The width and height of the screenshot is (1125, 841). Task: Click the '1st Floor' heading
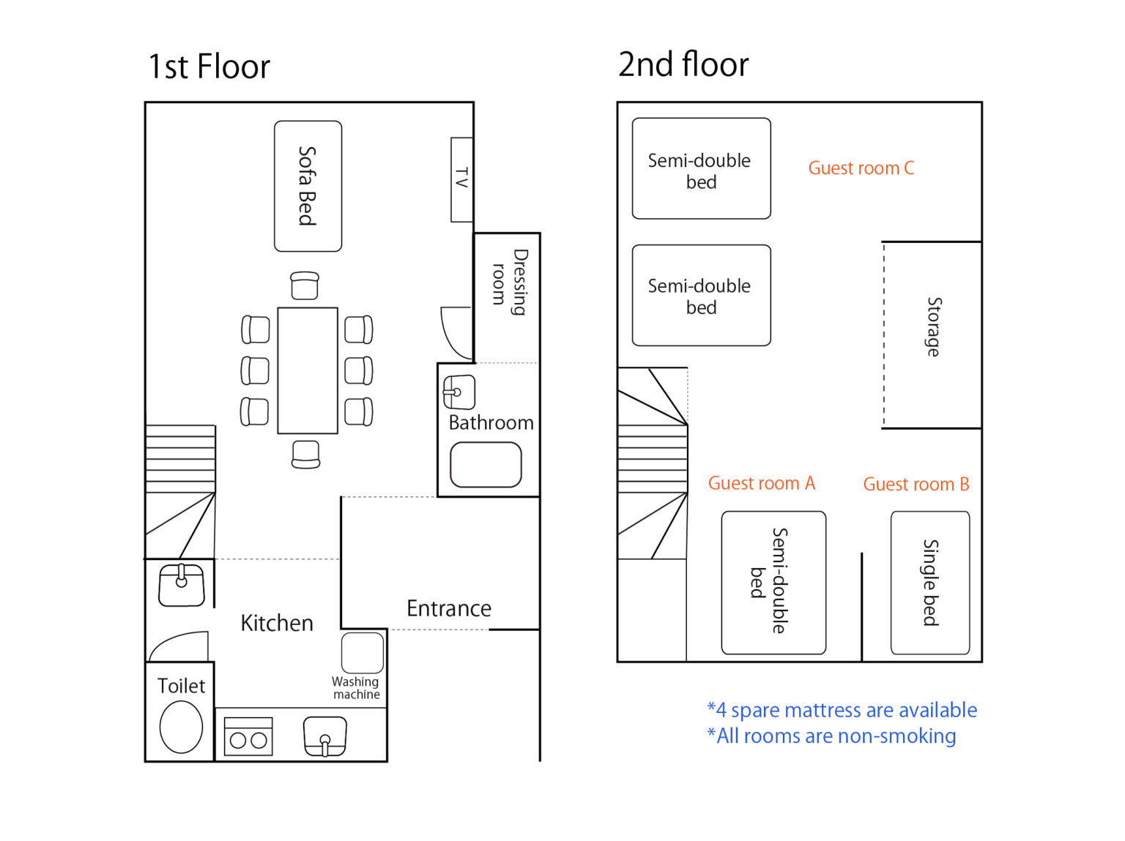pyautogui.click(x=209, y=66)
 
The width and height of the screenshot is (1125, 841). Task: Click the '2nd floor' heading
pyautogui.click(x=683, y=64)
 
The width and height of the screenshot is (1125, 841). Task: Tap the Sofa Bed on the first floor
pyautogui.click(x=308, y=186)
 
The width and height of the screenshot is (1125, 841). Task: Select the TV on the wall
pyautogui.click(x=461, y=179)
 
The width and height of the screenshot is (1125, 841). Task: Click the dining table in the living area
pyautogui.click(x=308, y=370)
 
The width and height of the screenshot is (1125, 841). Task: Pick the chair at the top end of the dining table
pyautogui.click(x=305, y=285)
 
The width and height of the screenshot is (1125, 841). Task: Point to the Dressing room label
pyautogui.click(x=510, y=282)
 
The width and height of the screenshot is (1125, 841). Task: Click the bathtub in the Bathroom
pyautogui.click(x=486, y=465)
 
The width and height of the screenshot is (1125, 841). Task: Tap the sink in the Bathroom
pyautogui.click(x=458, y=392)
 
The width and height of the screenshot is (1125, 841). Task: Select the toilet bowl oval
pyautogui.click(x=181, y=727)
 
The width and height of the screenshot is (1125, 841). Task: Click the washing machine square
pyautogui.click(x=363, y=653)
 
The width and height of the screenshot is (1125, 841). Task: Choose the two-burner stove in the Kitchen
pyautogui.click(x=248, y=736)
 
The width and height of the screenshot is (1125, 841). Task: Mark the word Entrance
pyautogui.click(x=449, y=608)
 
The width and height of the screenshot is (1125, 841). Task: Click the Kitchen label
pyautogui.click(x=277, y=623)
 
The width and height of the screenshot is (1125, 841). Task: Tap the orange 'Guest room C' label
pyautogui.click(x=861, y=168)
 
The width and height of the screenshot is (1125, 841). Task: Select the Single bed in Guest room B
pyautogui.click(x=930, y=583)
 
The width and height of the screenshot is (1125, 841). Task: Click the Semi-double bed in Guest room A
pyautogui.click(x=773, y=583)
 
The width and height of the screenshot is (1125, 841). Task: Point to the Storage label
pyautogui.click(x=934, y=326)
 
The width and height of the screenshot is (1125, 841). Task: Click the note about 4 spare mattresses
pyautogui.click(x=842, y=710)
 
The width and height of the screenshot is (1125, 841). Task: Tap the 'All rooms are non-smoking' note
pyautogui.click(x=831, y=736)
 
